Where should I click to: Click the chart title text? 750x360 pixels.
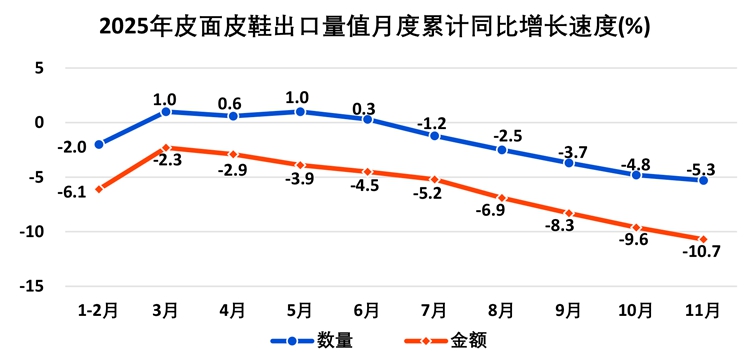(x=374, y=28)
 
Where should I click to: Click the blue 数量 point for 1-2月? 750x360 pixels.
(x=99, y=144)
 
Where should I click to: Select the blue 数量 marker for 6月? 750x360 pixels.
(x=367, y=120)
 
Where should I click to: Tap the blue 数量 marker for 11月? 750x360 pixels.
(x=703, y=180)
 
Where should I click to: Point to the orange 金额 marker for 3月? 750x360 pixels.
(x=166, y=148)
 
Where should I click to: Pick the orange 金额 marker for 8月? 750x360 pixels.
(x=502, y=198)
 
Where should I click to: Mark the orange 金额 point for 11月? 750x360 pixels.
(x=703, y=239)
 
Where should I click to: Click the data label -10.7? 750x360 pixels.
(x=702, y=251)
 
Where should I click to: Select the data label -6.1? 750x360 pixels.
(x=71, y=194)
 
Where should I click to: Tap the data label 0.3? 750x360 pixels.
(x=365, y=108)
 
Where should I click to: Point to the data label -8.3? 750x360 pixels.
(x=559, y=226)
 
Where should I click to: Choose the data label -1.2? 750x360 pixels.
(x=431, y=124)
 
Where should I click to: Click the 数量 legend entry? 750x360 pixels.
(x=312, y=340)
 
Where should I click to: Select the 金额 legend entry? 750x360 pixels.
(x=446, y=340)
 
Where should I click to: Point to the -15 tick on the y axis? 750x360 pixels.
(x=32, y=286)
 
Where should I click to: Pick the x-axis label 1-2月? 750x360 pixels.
(x=98, y=311)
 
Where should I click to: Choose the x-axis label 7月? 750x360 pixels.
(x=434, y=311)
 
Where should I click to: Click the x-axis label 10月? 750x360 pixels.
(x=636, y=311)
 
